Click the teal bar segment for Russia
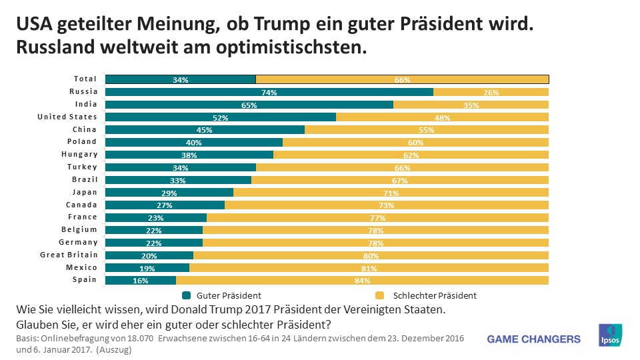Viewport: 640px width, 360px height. (x=269, y=92)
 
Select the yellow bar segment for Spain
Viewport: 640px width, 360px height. (x=362, y=281)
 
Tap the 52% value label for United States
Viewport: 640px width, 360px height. (x=221, y=117)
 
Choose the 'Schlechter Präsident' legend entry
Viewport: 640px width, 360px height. (x=426, y=295)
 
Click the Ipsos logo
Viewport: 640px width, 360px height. (x=611, y=336)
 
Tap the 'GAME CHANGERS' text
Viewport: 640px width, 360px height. (x=534, y=339)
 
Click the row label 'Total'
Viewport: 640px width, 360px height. (x=85, y=79)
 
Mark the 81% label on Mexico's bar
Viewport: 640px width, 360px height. (x=369, y=268)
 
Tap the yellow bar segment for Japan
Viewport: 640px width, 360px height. (x=391, y=193)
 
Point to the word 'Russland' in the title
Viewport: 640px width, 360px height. (x=53, y=48)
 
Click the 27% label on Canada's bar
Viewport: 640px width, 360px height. (x=165, y=205)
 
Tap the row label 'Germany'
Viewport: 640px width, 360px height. (x=78, y=242)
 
